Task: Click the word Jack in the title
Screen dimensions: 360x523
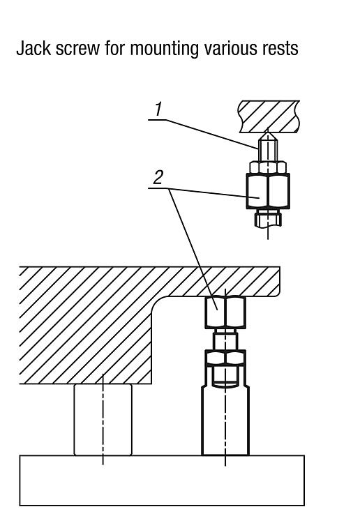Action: [x=33, y=48]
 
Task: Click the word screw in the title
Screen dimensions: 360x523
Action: [x=77, y=49]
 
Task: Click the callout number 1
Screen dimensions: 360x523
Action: [x=158, y=109]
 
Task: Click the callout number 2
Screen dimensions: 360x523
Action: [x=158, y=177]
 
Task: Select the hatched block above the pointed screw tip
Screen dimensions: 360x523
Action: [x=269, y=116]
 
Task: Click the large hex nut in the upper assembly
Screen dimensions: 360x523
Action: [x=268, y=191]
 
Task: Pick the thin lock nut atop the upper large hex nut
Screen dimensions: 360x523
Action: [x=268, y=167]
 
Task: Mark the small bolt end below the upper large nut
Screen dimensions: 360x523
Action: [x=268, y=219]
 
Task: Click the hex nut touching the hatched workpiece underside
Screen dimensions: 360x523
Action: [x=225, y=312]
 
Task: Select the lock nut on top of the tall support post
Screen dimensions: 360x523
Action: [x=225, y=358]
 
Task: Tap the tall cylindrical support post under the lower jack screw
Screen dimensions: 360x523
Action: [x=225, y=420]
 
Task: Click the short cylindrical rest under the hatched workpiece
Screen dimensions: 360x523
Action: [x=103, y=420]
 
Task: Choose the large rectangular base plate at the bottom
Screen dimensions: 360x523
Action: [x=162, y=480]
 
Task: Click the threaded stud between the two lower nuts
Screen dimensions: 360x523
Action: [x=225, y=340]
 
